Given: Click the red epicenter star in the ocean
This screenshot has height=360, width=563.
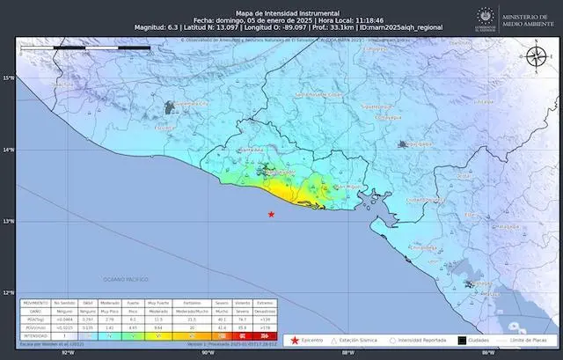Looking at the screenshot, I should [271, 215].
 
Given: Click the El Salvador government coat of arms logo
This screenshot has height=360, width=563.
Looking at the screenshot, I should [483, 17].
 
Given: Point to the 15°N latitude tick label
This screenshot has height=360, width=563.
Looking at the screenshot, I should [8, 78].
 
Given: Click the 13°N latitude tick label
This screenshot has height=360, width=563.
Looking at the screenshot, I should [8, 221].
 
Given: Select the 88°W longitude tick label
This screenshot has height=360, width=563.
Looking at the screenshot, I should [347, 352].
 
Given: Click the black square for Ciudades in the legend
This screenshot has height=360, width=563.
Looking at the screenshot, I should [462, 339].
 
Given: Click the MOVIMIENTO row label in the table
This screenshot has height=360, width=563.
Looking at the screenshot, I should [35, 303].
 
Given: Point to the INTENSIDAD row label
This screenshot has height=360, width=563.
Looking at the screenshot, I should [35, 335].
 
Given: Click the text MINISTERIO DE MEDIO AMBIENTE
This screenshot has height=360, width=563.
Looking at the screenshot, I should [524, 17].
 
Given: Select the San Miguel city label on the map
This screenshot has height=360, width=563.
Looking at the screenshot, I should [326, 187].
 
